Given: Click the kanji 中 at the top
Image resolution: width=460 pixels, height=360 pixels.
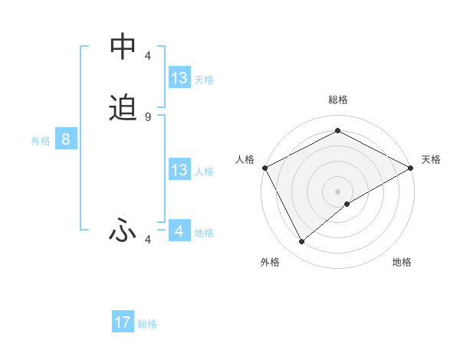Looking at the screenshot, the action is (x=123, y=47).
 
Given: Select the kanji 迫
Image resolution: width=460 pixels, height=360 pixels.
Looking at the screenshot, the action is (x=123, y=108).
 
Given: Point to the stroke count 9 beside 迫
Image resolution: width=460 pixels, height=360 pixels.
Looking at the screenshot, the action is (x=148, y=116).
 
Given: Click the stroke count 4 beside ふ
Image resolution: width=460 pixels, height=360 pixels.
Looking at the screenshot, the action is (x=148, y=241).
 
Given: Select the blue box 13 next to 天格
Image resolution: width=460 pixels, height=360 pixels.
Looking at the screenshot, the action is (x=179, y=78).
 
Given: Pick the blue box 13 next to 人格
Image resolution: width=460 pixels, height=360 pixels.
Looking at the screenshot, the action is (x=179, y=170).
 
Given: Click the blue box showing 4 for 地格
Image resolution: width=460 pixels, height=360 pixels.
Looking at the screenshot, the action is (x=179, y=231).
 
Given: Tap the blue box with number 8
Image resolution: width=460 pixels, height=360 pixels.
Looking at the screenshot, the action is (x=66, y=139).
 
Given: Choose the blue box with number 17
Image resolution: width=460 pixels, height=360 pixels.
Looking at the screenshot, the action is (x=123, y=322).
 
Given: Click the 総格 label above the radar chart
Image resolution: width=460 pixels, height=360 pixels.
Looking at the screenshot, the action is (x=338, y=100).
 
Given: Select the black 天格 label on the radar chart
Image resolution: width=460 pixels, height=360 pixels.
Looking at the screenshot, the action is (x=431, y=159).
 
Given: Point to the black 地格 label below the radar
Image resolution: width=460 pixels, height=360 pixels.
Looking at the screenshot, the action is (x=402, y=262).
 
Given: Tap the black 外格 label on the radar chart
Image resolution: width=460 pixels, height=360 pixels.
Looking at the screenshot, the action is (x=270, y=262).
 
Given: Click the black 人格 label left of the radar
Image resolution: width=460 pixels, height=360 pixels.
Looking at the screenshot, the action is (x=245, y=159).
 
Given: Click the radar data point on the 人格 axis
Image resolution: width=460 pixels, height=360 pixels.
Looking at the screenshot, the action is (x=264, y=168).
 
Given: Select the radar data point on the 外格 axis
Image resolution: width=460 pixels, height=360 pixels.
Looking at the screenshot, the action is (x=302, y=242).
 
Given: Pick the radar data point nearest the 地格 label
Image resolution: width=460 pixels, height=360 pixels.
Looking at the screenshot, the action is (x=347, y=204).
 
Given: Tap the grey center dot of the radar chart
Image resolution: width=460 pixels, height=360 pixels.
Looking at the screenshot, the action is (x=338, y=191).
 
